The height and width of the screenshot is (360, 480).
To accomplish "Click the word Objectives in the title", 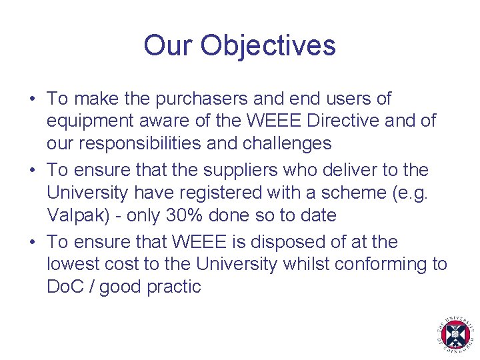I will point(268,46).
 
